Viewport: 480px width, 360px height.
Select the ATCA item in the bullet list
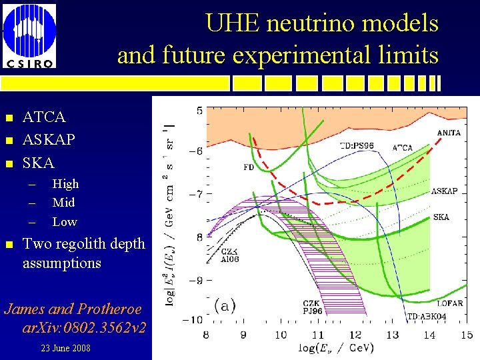(44, 117)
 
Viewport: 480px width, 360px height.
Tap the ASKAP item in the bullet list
(49, 140)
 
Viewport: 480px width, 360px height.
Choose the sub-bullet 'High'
(65, 184)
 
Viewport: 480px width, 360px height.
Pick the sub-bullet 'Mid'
(63, 203)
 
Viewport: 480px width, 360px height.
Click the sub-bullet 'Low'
(65, 222)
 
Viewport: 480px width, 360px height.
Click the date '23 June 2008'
(65, 349)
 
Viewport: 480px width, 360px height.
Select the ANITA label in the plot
(449, 133)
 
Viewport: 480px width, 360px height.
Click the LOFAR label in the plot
(449, 303)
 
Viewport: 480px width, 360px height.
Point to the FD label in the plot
(248, 168)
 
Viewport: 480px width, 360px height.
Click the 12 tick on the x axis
(354, 335)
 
